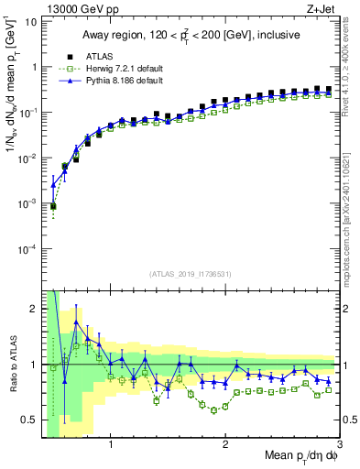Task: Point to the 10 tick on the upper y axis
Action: tap(30, 21)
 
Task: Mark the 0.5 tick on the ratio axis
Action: tap(27, 420)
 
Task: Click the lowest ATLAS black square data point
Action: tap(53, 207)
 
